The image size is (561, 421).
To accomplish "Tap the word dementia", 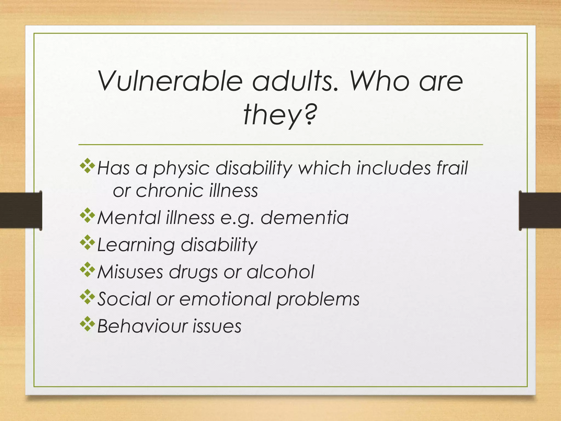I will [304, 218].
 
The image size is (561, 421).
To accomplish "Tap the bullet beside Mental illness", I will [87, 216].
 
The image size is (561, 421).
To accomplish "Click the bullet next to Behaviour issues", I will [87, 324].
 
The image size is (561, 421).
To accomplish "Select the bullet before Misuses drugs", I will [87, 270].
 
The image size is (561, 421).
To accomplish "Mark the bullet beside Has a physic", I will [87, 166].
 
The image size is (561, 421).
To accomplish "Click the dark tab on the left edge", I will [21, 210].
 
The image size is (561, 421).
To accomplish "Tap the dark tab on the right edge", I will [540, 210].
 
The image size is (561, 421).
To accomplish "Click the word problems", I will [318, 299].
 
